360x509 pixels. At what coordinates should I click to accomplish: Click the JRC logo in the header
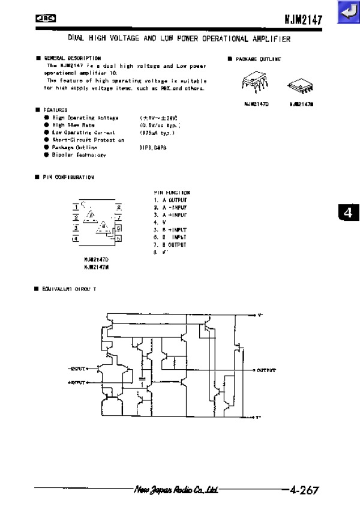(46, 19)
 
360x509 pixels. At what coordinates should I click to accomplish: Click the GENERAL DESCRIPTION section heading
(73, 58)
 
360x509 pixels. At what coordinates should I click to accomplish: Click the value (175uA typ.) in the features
(158, 132)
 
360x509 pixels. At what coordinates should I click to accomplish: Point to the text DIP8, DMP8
(151, 147)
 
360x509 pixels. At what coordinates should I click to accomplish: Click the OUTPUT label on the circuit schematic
(266, 370)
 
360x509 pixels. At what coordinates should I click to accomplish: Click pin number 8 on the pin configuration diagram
(119, 207)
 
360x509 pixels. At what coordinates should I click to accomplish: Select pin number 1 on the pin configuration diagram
(76, 207)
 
